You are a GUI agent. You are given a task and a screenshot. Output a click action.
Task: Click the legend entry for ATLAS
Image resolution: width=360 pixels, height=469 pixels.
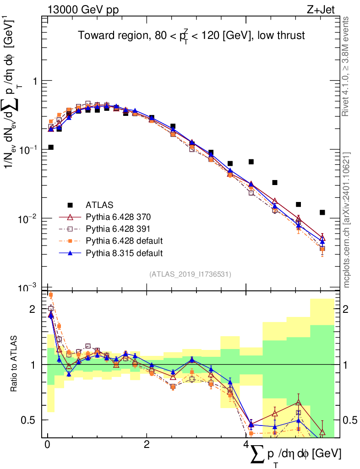pos(99,204)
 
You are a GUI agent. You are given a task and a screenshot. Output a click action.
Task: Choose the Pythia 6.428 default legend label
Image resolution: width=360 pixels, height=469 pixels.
pos(124,240)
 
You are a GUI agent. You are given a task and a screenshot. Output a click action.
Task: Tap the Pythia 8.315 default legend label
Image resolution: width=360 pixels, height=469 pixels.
pos(124,252)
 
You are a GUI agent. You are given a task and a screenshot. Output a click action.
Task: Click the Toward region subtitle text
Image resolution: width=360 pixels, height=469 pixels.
pos(191,35)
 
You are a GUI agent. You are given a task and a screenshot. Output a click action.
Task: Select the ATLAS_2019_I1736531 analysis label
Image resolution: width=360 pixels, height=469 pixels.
pos(190,274)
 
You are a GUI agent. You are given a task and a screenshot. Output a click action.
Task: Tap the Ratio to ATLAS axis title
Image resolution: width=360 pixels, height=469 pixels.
pos(15,365)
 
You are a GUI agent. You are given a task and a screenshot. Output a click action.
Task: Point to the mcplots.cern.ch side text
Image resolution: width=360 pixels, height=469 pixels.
pos(347,220)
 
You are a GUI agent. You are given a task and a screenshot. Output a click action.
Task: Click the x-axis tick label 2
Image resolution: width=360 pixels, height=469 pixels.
pos(147,445)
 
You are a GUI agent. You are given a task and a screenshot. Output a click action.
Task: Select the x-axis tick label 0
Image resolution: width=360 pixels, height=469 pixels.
pos(47,445)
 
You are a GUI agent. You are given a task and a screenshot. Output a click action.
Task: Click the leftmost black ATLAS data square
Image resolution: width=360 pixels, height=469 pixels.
pos(51,147)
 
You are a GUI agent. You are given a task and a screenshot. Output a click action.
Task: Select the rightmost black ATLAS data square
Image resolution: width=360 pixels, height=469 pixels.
pos(322,212)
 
